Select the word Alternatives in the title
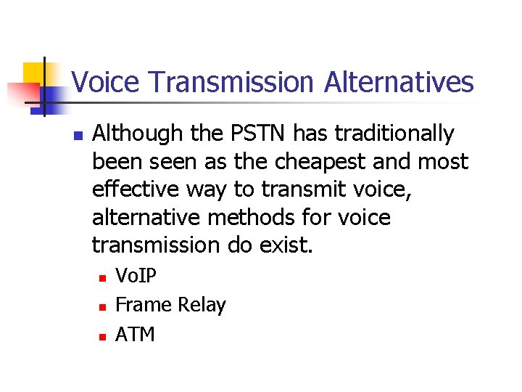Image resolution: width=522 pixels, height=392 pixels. point(399,82)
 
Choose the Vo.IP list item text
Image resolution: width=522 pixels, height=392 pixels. point(136,277)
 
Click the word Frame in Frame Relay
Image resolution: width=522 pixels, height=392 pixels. point(140,306)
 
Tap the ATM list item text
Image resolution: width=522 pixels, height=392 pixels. point(135,335)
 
